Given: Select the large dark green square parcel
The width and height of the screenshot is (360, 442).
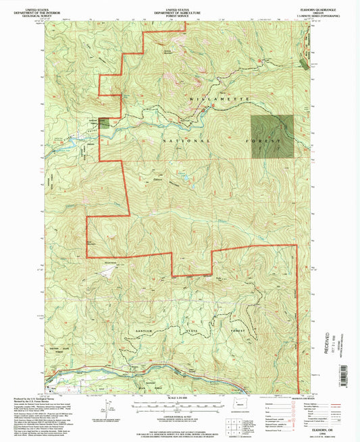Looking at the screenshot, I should (x=272, y=136).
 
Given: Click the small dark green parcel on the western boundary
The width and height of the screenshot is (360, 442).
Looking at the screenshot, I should (x=103, y=122).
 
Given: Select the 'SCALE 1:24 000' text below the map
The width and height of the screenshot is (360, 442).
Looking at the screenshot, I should (x=180, y=405).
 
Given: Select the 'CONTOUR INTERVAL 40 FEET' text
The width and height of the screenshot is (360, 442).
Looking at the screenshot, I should (x=180, y=418).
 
